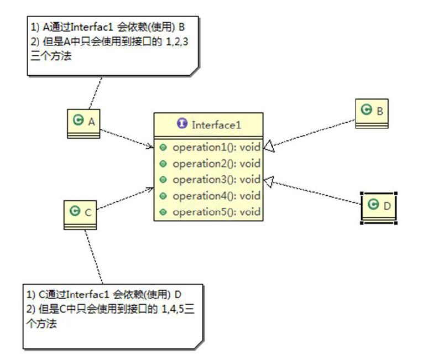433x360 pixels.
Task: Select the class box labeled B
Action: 372,113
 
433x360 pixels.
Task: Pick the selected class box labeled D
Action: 379,207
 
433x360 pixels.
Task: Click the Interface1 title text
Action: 216,124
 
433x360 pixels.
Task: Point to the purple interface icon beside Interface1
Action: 182,124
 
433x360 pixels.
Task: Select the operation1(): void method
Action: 216,148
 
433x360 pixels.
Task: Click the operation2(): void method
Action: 216,164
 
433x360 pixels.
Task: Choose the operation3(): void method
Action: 216,180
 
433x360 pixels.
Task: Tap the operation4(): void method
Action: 216,196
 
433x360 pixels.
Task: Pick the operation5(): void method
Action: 216,212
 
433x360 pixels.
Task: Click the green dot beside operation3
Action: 163,180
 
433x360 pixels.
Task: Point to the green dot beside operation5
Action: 163,212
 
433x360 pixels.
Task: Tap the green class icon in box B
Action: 366,111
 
